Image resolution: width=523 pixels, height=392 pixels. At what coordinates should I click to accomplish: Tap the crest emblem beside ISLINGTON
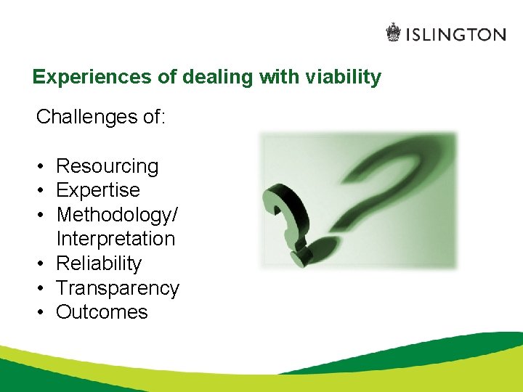pyautogui.click(x=393, y=33)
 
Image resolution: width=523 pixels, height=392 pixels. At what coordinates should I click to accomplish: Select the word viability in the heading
pyautogui.click(x=345, y=77)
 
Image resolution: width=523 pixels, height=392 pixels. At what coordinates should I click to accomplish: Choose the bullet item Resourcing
pyautogui.click(x=107, y=166)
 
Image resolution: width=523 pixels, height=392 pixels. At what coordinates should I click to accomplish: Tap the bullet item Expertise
pyautogui.click(x=98, y=190)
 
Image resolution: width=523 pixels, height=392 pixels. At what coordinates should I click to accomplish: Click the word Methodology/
pyautogui.click(x=115, y=215)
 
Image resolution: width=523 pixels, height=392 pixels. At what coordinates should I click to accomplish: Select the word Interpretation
pyautogui.click(x=115, y=239)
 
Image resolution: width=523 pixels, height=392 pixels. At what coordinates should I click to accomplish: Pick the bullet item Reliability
pyautogui.click(x=99, y=264)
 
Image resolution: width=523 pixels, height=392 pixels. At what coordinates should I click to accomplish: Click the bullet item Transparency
pyautogui.click(x=117, y=288)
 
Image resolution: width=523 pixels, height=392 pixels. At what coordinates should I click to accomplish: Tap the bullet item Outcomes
pyautogui.click(x=102, y=312)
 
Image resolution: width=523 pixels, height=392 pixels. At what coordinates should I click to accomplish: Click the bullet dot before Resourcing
pyautogui.click(x=43, y=167)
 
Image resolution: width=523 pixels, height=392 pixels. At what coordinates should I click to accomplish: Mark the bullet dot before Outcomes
pyautogui.click(x=43, y=313)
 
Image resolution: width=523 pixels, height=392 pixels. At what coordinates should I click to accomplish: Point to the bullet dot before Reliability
pyautogui.click(x=43, y=264)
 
